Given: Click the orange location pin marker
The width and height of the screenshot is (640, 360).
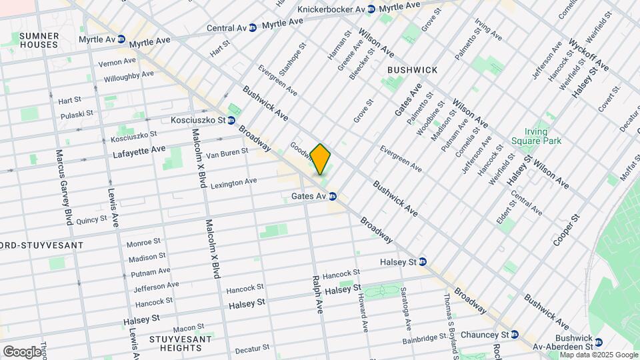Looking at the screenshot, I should [321, 159].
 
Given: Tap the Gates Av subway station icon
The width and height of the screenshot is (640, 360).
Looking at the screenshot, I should [332, 196].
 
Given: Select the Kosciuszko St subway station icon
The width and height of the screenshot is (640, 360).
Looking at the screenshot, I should [231, 121].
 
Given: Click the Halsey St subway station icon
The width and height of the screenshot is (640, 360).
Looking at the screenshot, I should [423, 262].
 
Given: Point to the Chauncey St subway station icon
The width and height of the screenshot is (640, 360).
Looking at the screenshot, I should [515, 334].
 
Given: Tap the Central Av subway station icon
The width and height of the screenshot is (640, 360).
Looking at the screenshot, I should [253, 28].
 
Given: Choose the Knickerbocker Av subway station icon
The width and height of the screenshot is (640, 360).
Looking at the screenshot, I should [371, 9].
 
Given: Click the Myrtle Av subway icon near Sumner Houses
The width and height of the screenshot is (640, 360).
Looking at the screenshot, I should [122, 40].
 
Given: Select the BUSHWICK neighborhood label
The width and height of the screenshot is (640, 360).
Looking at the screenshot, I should [412, 70].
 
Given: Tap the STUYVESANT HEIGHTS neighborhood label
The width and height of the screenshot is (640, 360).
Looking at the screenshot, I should [175, 344].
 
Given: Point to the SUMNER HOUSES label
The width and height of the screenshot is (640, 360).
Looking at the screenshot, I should [39, 40].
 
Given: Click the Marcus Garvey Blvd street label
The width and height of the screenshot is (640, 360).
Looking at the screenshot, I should [63, 186].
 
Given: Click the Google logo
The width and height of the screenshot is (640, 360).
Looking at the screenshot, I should [22, 351].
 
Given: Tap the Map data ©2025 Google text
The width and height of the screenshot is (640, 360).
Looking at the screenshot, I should [599, 355].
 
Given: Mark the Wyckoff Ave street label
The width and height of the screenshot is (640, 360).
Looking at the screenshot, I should [589, 54].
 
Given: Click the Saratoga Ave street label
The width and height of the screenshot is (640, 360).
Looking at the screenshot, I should [407, 309].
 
